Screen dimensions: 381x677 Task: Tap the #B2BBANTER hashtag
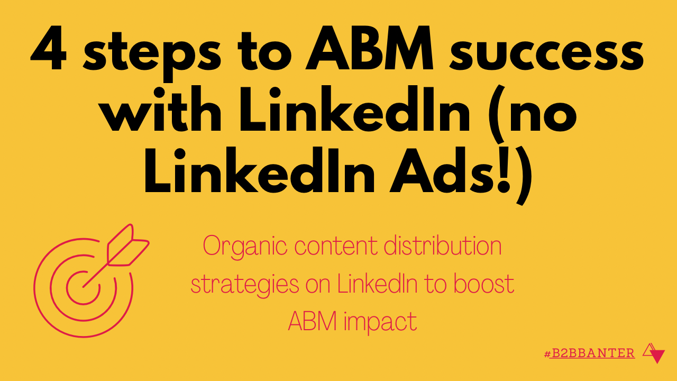pyautogui.click(x=589, y=353)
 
